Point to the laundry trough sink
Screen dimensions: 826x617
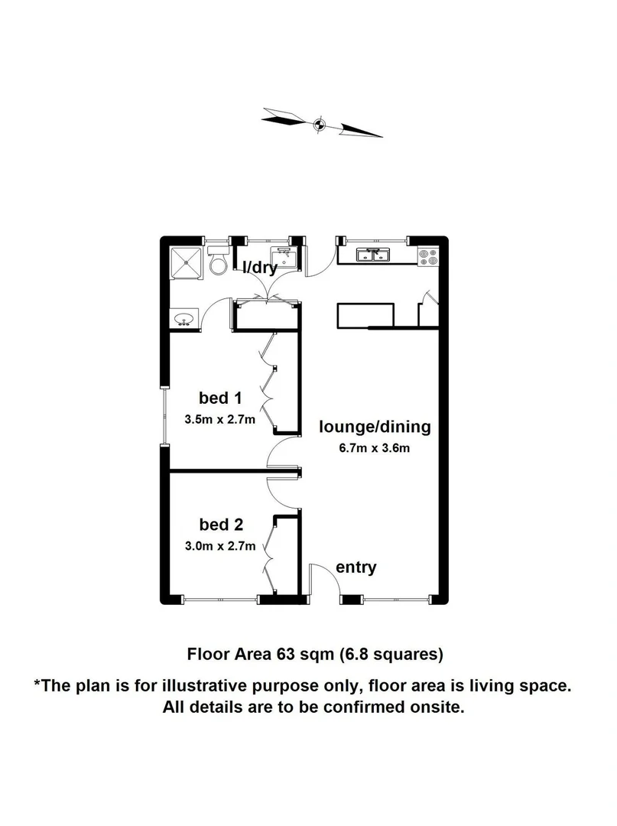pyautogui.click(x=284, y=255)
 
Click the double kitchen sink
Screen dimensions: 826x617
pyautogui.click(x=375, y=255)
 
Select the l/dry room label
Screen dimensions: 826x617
pyautogui.click(x=260, y=268)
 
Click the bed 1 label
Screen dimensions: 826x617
pyautogui.click(x=220, y=398)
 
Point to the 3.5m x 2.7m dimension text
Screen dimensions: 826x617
pyautogui.click(x=220, y=419)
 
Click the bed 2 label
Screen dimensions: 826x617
pyautogui.click(x=221, y=525)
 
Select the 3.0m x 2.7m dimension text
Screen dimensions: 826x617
pyautogui.click(x=220, y=546)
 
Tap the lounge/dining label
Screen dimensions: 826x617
pyautogui.click(x=375, y=427)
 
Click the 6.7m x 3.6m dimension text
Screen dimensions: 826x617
pyautogui.click(x=375, y=448)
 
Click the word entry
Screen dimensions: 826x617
pyautogui.click(x=356, y=567)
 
